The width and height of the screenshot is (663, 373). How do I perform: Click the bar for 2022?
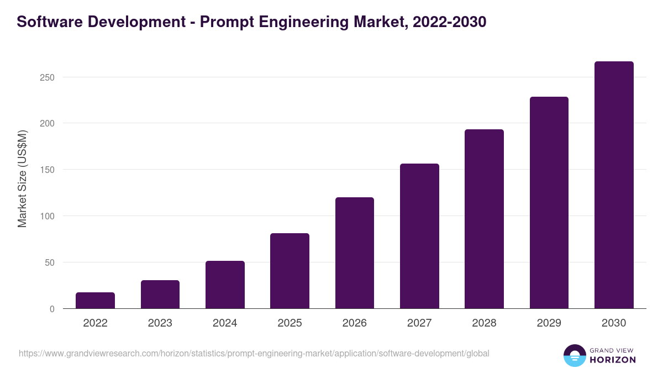point(95,301)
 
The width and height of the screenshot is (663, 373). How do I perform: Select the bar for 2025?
point(290,271)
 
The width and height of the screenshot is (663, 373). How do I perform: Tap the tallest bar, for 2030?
point(614,185)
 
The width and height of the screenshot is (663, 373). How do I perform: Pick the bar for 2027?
point(419,236)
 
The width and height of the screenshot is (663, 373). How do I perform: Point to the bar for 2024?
point(225,285)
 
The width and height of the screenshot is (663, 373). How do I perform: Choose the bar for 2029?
point(549,203)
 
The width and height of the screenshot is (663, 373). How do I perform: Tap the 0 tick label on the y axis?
point(52,309)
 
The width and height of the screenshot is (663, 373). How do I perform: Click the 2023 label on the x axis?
point(160,323)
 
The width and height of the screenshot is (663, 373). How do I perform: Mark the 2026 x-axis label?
point(354,323)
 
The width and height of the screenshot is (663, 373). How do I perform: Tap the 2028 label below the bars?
point(484,323)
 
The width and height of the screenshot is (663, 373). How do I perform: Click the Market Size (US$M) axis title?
point(22,178)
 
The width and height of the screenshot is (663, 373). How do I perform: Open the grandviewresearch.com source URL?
point(254,353)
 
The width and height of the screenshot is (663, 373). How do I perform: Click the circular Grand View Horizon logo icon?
point(575,355)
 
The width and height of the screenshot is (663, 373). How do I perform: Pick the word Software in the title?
point(46,22)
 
